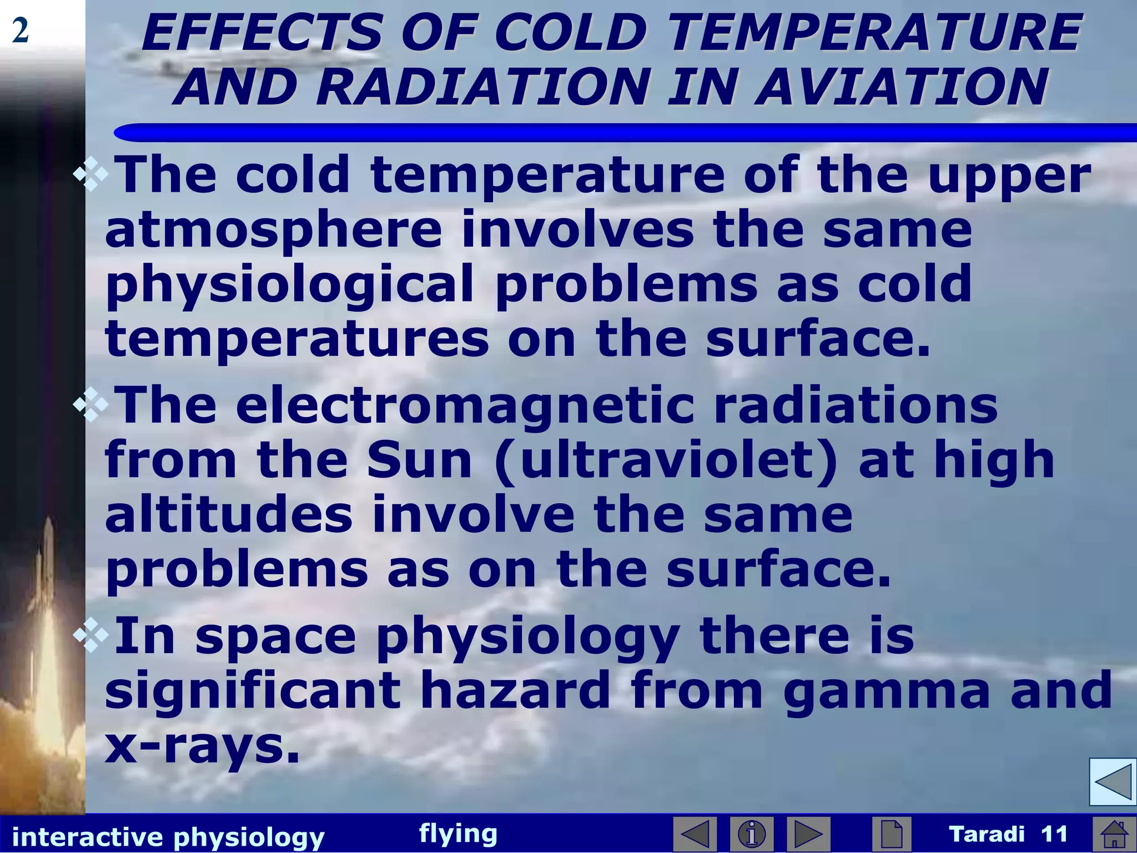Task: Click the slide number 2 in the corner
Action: pyautogui.click(x=20, y=31)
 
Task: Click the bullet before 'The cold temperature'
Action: pyautogui.click(x=90, y=177)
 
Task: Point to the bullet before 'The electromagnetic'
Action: pyautogui.click(x=90, y=406)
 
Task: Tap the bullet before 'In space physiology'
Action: pyautogui.click(x=90, y=636)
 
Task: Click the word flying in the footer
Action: pyautogui.click(x=458, y=833)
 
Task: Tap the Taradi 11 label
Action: pyautogui.click(x=1008, y=834)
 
